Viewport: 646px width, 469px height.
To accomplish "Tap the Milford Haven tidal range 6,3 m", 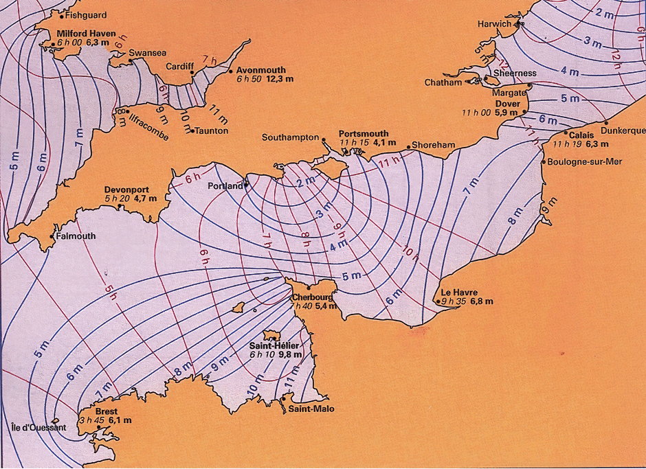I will [x=104, y=43].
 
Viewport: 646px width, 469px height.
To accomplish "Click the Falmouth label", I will [x=76, y=236].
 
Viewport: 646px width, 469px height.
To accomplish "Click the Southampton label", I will [x=291, y=137].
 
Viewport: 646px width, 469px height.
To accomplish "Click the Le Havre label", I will [x=460, y=292].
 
